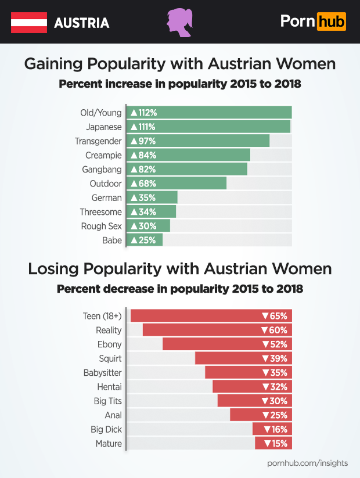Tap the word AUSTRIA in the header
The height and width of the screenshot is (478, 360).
pos(81,23)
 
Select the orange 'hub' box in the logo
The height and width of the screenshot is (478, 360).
pos(332,22)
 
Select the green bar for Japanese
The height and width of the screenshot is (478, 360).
pos(208,127)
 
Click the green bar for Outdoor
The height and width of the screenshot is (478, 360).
pos(177,184)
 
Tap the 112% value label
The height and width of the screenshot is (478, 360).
pos(143,113)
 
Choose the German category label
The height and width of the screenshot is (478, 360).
pos(107,198)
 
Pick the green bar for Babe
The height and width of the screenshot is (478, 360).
pos(145,240)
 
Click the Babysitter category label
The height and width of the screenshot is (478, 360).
pos(102,372)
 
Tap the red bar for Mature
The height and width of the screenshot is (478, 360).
pos(273,444)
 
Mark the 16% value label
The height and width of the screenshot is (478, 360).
pos(275,430)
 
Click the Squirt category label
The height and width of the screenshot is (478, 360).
pos(110,358)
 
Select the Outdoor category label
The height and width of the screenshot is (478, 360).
pos(106,184)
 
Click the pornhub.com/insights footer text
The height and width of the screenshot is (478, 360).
pos(307,463)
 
